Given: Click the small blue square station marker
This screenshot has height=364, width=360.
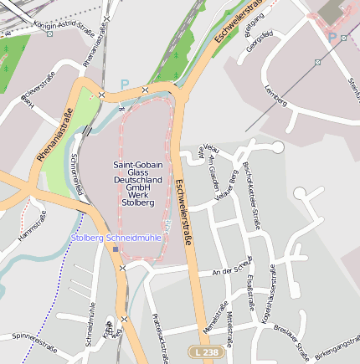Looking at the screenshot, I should coord(116,249).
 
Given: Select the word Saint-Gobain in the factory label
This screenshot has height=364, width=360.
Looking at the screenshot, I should coord(138,165).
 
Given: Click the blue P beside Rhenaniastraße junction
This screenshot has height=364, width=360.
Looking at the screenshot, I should coord(125,85).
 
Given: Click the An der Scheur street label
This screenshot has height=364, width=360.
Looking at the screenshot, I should coord(233,270).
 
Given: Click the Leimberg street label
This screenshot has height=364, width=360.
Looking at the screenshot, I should coord(275,95).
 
